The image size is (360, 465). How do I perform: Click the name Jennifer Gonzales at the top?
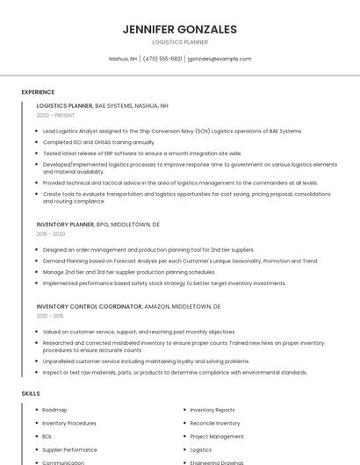click(180, 29)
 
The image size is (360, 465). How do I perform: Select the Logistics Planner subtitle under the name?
click(180, 42)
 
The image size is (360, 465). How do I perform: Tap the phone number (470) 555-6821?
click(162, 59)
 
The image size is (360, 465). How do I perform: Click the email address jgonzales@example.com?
click(220, 59)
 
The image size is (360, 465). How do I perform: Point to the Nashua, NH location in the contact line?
click(122, 59)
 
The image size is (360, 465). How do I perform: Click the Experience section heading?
click(38, 92)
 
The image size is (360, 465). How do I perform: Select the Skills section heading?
click(31, 394)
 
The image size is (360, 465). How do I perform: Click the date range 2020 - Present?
click(55, 115)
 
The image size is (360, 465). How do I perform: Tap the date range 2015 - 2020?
click(51, 234)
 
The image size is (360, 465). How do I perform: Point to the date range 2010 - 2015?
click(50, 316)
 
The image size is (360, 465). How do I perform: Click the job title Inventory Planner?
click(65, 225)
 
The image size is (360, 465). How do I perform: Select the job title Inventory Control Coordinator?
click(89, 306)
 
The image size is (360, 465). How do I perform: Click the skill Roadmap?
click(54, 410)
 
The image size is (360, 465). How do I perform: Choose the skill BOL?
click(47, 436)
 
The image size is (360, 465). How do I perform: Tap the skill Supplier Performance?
click(69, 449)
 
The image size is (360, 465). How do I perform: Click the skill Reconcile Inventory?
click(215, 423)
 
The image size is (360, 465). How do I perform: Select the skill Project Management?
click(217, 436)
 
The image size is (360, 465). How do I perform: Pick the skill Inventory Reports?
click(212, 410)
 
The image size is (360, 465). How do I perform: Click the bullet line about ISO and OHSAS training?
click(98, 142)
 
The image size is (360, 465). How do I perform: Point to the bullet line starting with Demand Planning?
click(180, 261)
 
